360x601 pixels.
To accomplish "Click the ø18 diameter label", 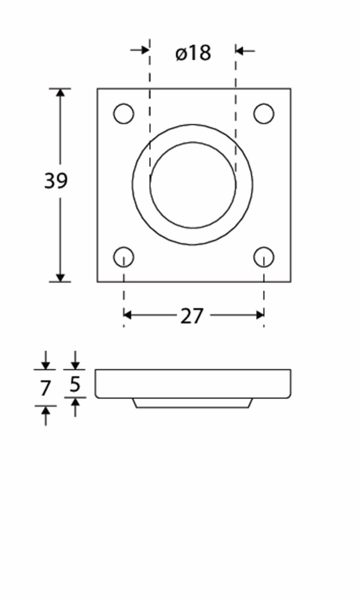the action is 194,52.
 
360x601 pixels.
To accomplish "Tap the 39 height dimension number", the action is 55,181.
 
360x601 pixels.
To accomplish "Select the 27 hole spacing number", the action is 191,316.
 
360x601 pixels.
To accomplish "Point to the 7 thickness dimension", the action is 45,389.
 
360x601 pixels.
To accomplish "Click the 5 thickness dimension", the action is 75,384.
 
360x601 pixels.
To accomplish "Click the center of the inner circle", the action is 193,185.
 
